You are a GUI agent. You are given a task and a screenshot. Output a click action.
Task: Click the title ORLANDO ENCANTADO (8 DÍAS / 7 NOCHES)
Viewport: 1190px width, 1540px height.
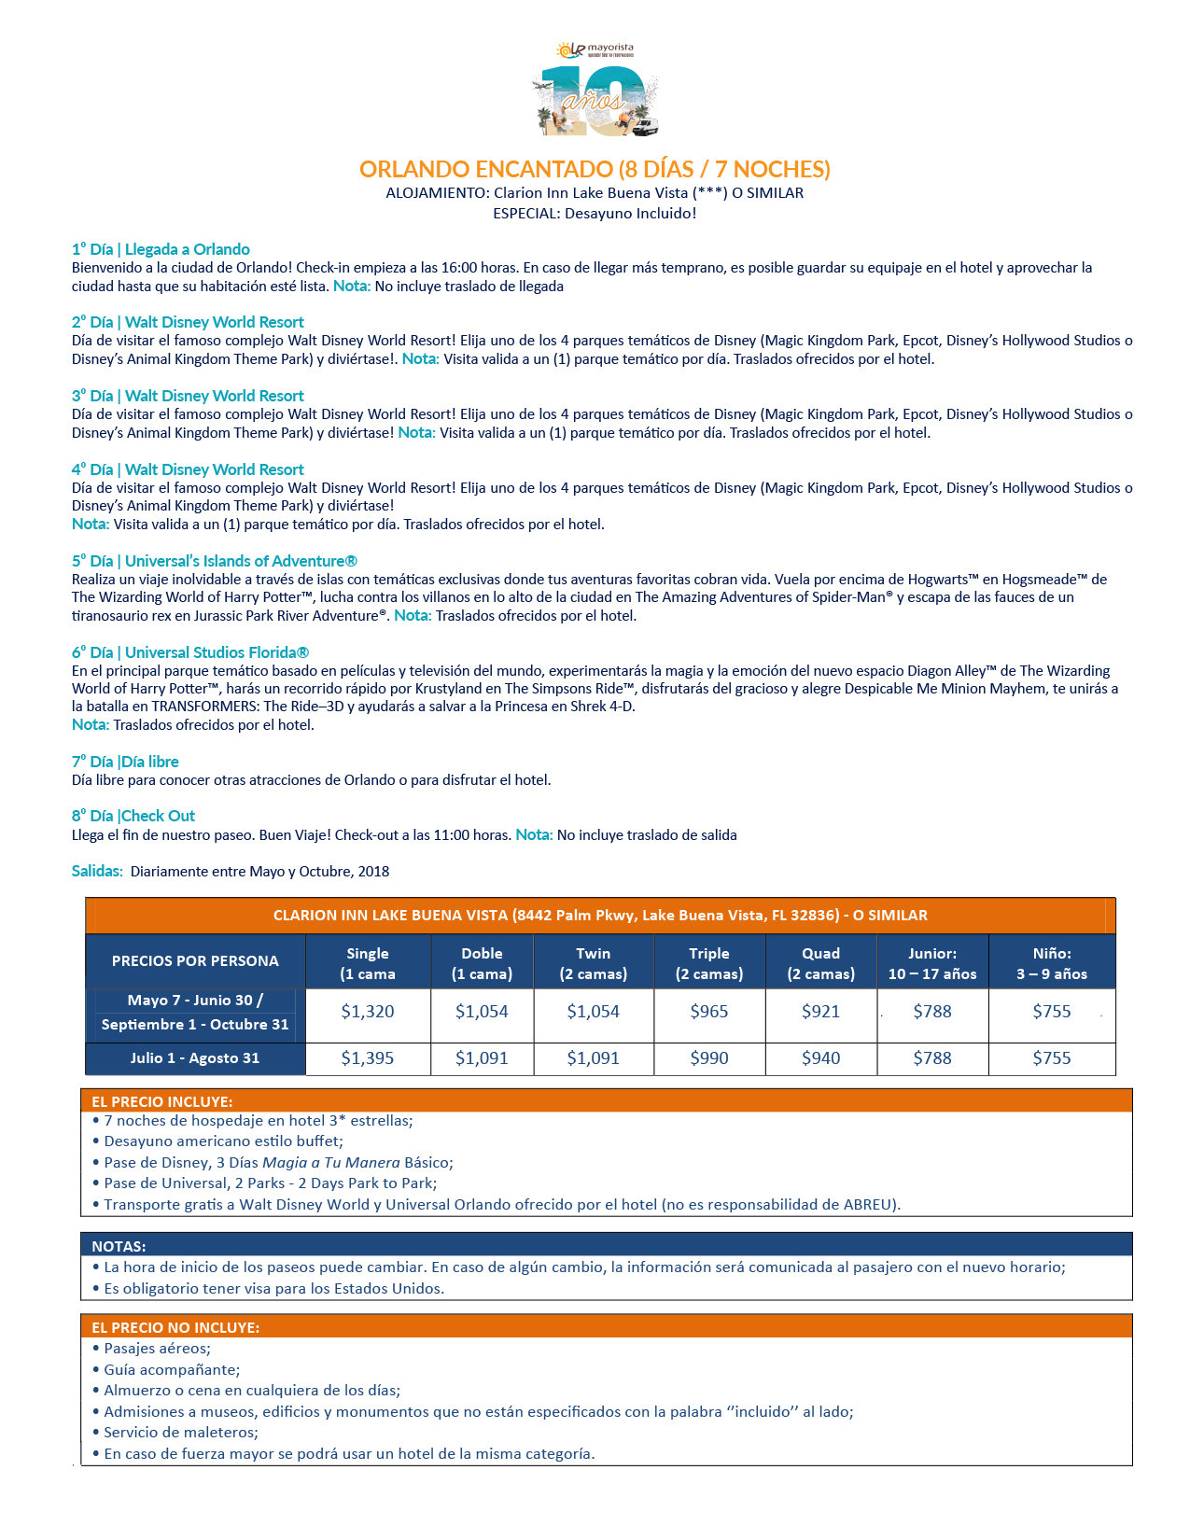pos(595,169)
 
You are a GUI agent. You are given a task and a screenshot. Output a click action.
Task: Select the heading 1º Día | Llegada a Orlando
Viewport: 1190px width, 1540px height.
pos(161,249)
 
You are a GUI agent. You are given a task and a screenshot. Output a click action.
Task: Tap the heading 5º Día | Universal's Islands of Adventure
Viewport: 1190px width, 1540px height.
pos(214,561)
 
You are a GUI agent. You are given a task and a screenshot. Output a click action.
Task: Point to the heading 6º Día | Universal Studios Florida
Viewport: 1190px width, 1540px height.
pos(190,652)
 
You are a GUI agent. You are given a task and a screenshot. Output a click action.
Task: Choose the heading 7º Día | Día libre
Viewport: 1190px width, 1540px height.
pos(125,762)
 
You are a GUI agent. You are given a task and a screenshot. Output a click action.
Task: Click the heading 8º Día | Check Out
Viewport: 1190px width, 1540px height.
pos(133,816)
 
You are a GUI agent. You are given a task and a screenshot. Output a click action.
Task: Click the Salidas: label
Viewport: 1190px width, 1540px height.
pos(97,871)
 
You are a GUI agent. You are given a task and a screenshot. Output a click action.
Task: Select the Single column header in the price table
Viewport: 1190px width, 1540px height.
pos(368,963)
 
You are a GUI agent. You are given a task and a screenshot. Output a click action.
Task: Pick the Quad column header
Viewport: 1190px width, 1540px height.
pos(820,963)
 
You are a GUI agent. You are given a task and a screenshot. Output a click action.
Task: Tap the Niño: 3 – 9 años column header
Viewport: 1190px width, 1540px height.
pos(1052,963)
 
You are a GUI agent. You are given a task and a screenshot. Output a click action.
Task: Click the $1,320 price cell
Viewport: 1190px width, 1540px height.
pos(368,1012)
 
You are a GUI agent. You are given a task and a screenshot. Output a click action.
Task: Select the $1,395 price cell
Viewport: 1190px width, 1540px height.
pos(368,1058)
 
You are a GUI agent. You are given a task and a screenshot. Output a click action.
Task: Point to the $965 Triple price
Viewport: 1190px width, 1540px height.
pos(709,1012)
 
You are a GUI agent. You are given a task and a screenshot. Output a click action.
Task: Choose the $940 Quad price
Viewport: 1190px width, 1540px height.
pos(820,1058)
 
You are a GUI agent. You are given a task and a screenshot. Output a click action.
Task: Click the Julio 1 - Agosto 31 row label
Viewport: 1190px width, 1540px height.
pos(195,1058)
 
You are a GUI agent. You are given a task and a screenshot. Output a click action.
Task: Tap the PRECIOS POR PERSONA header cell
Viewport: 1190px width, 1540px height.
pos(195,961)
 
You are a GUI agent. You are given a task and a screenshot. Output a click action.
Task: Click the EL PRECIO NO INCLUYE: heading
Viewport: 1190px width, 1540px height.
pos(175,1327)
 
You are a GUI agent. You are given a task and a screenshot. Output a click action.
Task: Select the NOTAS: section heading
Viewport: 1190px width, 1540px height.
pos(119,1246)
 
